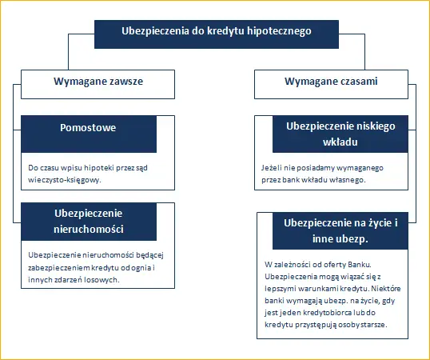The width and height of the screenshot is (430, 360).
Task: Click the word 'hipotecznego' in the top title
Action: coord(279,31)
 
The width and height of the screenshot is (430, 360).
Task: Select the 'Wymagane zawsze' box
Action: coord(98,84)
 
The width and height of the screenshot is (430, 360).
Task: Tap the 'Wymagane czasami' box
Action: coord(331,84)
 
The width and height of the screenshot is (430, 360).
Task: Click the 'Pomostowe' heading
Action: coord(88,128)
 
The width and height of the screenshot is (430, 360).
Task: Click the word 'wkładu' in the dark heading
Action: coord(340,142)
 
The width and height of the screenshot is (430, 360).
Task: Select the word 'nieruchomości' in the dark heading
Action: coord(89,229)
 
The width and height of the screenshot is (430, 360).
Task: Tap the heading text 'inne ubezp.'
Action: coord(340,239)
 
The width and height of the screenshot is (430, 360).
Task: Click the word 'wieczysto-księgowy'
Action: coord(64,180)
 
